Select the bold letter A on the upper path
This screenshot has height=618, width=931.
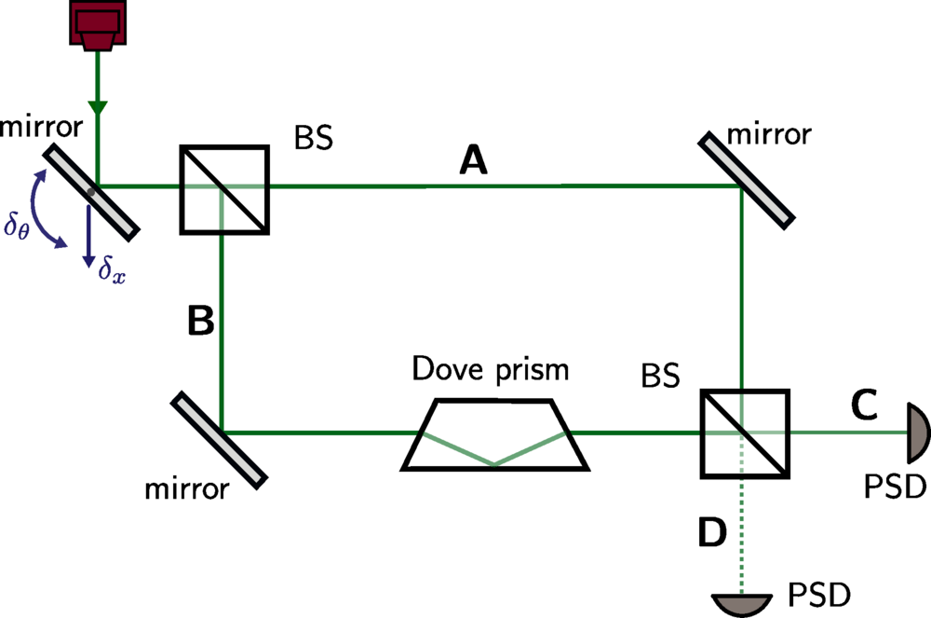(x=474, y=162)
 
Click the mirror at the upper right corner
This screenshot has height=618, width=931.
(x=748, y=177)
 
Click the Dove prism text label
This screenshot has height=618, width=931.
(x=492, y=370)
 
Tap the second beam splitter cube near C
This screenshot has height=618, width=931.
(x=743, y=434)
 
